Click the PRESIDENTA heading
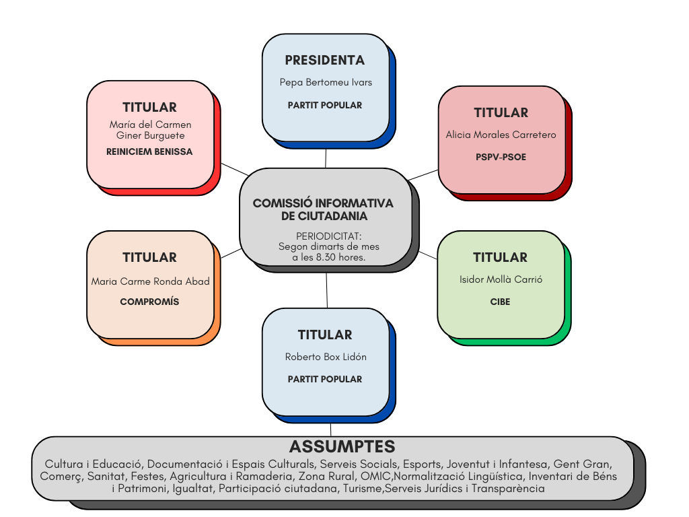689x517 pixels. tap(325, 60)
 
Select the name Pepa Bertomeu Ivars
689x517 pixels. tap(326, 82)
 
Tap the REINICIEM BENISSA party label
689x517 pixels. tap(149, 151)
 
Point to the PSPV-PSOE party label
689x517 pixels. tap(501, 157)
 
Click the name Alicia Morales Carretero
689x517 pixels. tap(501, 135)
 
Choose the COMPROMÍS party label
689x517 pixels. tap(149, 302)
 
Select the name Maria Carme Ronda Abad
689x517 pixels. tap(150, 281)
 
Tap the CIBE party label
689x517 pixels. tap(500, 302)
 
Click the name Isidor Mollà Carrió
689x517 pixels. tap(501, 279)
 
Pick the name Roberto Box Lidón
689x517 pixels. tap(326, 357)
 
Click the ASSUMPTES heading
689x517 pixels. tap(342, 446)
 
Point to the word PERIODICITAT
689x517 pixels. tap(328, 236)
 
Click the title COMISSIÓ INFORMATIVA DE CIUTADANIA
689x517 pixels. tap(323, 209)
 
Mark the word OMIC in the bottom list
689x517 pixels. tap(375, 477)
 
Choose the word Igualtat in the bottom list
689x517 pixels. tap(193, 489)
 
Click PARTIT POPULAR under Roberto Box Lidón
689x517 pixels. tap(325, 379)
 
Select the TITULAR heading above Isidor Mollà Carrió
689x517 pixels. tap(500, 257)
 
